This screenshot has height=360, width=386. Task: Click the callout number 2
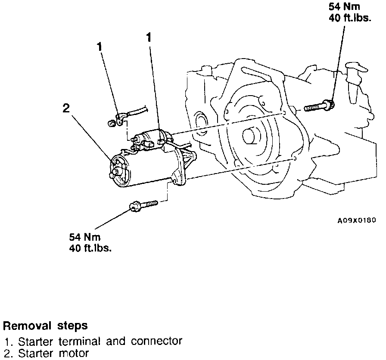[66, 108]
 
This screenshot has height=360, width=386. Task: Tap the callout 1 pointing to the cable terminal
[100, 47]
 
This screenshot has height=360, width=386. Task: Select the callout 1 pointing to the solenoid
[149, 38]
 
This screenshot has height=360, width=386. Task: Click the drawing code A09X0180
[356, 220]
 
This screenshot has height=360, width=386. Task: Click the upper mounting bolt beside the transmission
[319, 105]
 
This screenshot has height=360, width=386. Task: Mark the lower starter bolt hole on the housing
[294, 158]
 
